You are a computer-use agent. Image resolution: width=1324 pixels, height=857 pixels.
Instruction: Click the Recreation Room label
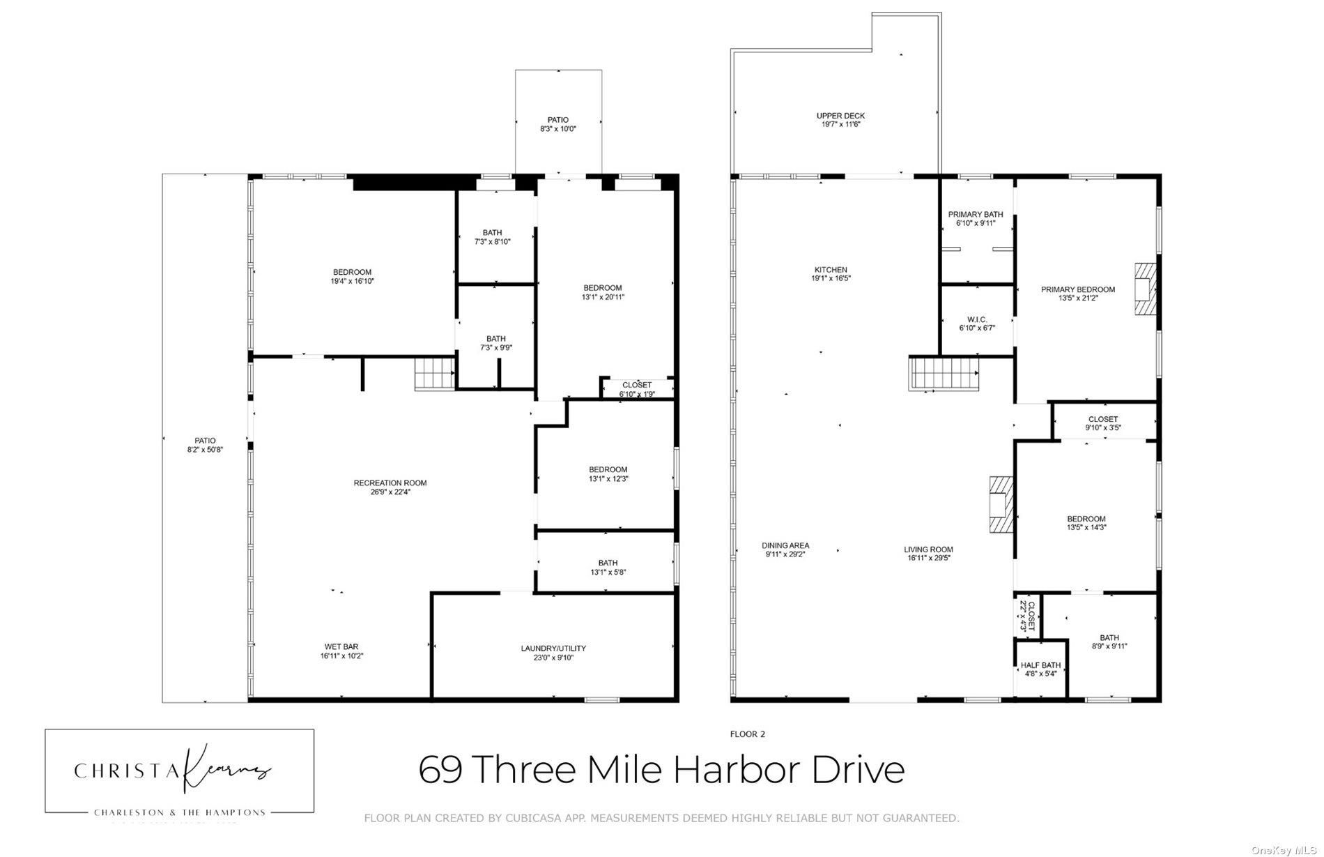click(x=390, y=483)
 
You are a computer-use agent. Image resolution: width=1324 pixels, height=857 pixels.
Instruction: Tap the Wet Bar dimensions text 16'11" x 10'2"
click(x=341, y=656)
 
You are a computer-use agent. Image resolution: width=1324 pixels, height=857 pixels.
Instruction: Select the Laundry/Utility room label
click(x=553, y=649)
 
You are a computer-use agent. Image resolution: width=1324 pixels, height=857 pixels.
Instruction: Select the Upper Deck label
click(x=840, y=116)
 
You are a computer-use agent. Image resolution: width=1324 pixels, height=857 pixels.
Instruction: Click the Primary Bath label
click(x=975, y=214)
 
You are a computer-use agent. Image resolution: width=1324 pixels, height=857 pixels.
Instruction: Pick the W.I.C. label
click(x=977, y=319)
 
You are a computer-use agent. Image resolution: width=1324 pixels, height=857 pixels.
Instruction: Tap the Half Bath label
click(x=1040, y=665)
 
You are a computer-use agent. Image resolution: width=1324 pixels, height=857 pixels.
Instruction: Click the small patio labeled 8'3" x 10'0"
click(x=558, y=124)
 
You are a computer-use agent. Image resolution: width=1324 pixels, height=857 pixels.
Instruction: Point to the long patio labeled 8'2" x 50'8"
click(x=205, y=445)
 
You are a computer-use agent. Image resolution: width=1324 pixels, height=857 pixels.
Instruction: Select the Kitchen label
click(x=831, y=270)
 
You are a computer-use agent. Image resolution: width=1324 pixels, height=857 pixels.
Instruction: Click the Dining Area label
click(x=785, y=545)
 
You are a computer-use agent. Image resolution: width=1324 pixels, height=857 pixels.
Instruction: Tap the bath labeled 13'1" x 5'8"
click(x=607, y=567)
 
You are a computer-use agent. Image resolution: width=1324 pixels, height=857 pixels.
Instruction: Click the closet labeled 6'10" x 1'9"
click(x=636, y=389)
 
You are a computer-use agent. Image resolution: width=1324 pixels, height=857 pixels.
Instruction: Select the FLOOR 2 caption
click(x=747, y=734)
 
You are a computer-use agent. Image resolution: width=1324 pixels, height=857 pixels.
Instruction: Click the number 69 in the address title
click(x=440, y=770)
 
